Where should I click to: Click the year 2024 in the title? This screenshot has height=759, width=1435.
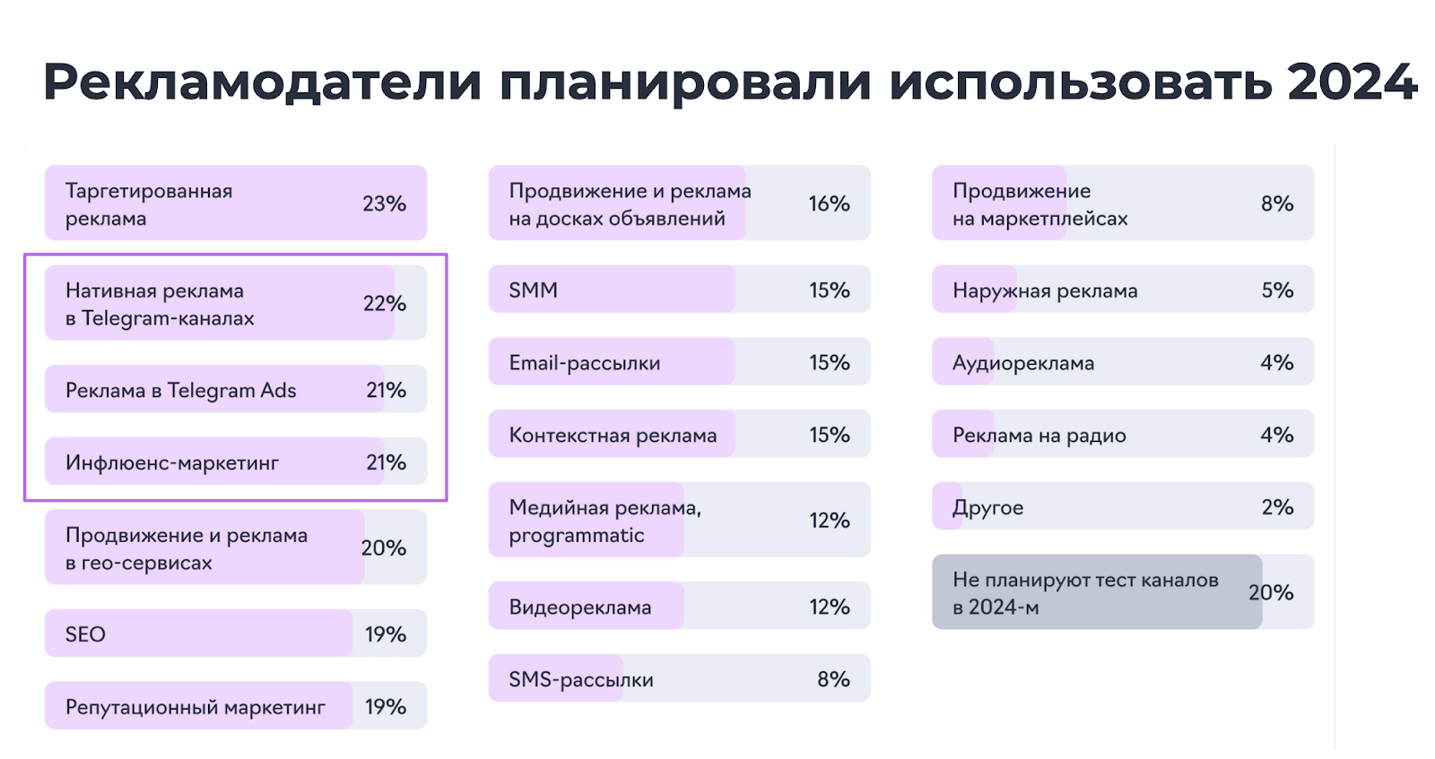(x=1351, y=82)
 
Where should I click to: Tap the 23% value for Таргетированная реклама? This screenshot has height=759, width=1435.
(x=384, y=203)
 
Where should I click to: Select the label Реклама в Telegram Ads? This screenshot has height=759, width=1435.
(x=180, y=390)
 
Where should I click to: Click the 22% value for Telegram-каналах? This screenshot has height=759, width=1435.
(x=384, y=303)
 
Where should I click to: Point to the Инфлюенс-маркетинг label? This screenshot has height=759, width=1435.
(x=171, y=462)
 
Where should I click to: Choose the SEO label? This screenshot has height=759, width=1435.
(x=85, y=634)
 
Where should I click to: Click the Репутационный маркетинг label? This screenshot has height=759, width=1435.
(x=195, y=707)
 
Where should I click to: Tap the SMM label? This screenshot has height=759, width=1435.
(x=533, y=290)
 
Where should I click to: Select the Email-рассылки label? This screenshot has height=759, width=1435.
(x=584, y=363)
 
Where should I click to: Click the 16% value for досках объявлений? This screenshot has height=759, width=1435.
(x=829, y=203)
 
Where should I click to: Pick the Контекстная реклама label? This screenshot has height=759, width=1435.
(x=613, y=436)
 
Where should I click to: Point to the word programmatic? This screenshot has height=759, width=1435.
(x=576, y=536)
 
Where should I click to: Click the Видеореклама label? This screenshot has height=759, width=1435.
(x=579, y=608)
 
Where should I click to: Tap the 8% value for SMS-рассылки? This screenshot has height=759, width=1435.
(x=833, y=679)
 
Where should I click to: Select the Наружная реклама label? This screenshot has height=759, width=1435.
(x=1045, y=290)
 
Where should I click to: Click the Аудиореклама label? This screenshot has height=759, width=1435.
(x=1023, y=363)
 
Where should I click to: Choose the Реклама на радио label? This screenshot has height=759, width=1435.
(x=1039, y=436)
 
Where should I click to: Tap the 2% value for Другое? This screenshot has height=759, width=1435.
(x=1277, y=507)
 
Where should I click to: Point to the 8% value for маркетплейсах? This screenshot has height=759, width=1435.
(x=1277, y=203)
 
